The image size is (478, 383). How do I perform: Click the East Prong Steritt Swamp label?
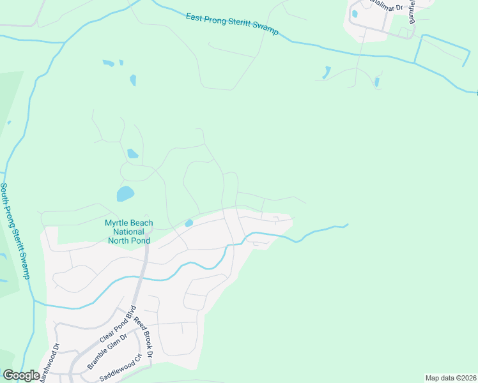tap(233, 24)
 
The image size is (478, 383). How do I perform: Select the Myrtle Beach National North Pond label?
tap(127, 232)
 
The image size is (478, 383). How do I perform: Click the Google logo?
tap(21, 375)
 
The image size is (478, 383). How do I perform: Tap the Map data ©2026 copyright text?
tap(451, 378)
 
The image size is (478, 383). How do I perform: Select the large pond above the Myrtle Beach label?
tap(125, 193)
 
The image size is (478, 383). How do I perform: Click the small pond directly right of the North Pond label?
tap(189, 223)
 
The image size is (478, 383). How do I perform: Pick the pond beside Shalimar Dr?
tap(354, 13)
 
